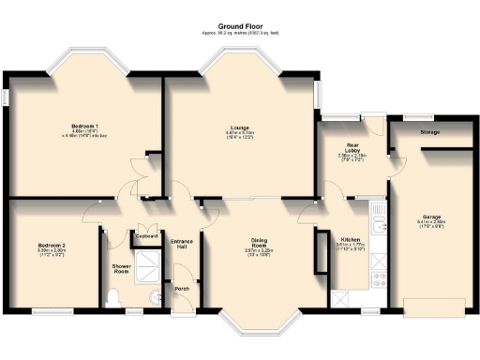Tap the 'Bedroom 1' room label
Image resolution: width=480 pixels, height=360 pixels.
(x=84, y=125)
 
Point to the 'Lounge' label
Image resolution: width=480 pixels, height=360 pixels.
(x=240, y=127)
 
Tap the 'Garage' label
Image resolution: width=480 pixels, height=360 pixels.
(x=430, y=217)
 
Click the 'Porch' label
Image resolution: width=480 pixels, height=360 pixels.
(x=182, y=289)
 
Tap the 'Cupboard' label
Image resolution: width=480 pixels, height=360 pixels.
(x=146, y=237)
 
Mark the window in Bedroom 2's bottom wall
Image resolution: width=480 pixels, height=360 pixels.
(x=45, y=312)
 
